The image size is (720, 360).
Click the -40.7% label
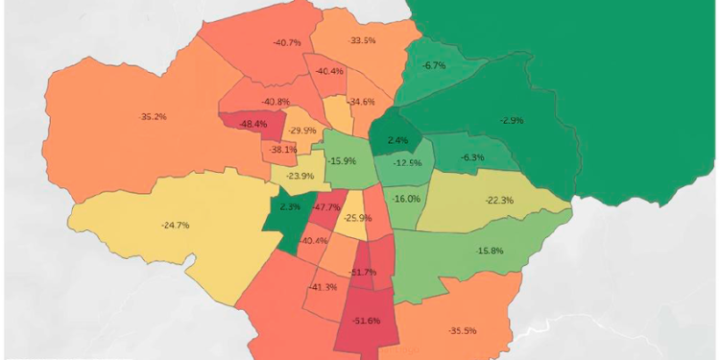click(x=287, y=43)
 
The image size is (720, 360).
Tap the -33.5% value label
click(x=363, y=41)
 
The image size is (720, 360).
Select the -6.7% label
click(x=434, y=65)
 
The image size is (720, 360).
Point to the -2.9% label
click(x=512, y=120)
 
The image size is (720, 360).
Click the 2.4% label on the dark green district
click(x=397, y=140)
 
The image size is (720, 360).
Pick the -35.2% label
click(x=153, y=117)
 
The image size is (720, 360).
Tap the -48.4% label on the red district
click(x=252, y=125)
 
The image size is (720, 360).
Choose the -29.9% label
click(x=302, y=131)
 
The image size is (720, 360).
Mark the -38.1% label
click(x=283, y=150)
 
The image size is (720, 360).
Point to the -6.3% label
click(x=472, y=157)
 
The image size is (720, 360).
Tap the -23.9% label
click(x=300, y=176)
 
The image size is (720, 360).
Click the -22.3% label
click(x=499, y=200)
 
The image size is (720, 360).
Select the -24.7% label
click(x=175, y=225)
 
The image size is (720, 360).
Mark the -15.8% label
click(x=490, y=251)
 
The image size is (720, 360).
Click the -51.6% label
click(x=367, y=320)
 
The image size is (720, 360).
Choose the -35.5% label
click(x=463, y=330)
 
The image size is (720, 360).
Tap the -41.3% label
click(x=324, y=287)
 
